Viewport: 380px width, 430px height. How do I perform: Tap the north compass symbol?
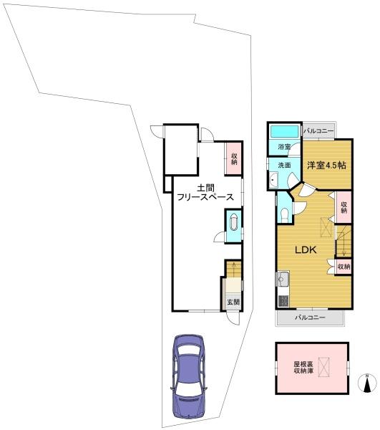[x=367, y=383]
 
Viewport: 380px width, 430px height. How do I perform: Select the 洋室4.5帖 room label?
[x=326, y=165]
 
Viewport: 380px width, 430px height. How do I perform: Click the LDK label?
[x=306, y=249]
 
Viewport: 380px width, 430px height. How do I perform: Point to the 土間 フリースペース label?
[x=205, y=192]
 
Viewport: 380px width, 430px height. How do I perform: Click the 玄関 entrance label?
[x=233, y=302]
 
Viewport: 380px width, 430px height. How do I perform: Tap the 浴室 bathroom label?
[x=284, y=147]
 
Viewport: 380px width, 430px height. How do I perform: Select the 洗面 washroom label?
[x=284, y=165]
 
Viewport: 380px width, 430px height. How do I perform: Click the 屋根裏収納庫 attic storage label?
[x=303, y=368]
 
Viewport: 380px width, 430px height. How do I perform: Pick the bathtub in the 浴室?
[x=284, y=131]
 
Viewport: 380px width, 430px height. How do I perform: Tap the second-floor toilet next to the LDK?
[x=285, y=214]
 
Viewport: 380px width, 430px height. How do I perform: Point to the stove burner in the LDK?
[x=283, y=302]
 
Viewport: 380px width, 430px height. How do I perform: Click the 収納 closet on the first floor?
[x=233, y=158]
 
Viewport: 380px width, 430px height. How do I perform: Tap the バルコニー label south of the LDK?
[x=310, y=317]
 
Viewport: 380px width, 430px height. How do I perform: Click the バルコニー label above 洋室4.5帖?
[x=318, y=131]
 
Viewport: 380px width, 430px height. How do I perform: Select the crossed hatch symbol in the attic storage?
[x=324, y=368]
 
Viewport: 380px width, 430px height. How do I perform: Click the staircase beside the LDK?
[x=344, y=241]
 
